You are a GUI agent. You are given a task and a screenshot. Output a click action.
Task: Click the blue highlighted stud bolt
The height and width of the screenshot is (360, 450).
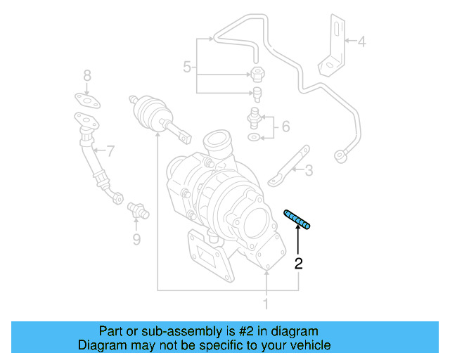(298, 219)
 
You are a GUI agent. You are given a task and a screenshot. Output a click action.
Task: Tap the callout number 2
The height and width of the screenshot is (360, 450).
(299, 264)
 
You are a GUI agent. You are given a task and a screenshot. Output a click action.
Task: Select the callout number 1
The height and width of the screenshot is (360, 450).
(266, 304)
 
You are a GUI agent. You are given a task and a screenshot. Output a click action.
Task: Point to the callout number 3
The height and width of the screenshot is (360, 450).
(309, 169)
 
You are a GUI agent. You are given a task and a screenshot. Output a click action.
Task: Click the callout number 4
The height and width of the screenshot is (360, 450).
(361, 41)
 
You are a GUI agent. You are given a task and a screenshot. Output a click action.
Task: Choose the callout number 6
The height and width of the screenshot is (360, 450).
(109, 150)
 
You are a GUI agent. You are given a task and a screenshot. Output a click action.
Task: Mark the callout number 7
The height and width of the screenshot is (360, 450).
(87, 75)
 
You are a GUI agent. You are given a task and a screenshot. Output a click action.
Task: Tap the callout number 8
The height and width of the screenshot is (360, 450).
(136, 240)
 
